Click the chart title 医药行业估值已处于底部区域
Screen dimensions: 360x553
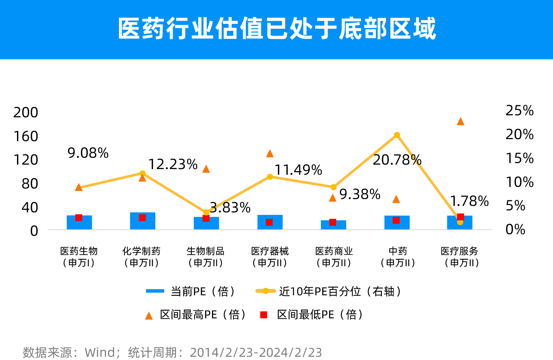coord(277,29)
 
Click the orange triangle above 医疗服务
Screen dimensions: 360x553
coord(460,121)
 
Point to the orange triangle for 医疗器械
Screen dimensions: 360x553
coord(270,153)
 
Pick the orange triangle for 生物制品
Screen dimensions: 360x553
coord(206,169)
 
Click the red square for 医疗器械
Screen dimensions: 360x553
coord(269,222)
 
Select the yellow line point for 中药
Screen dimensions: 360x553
coord(397,135)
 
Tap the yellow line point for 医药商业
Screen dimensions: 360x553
coord(333,187)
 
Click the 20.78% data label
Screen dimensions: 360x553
coord(397,160)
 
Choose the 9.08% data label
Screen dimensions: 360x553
coord(88,153)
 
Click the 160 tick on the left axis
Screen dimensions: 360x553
coord(25,136)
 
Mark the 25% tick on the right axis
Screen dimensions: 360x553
coord(519,111)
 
